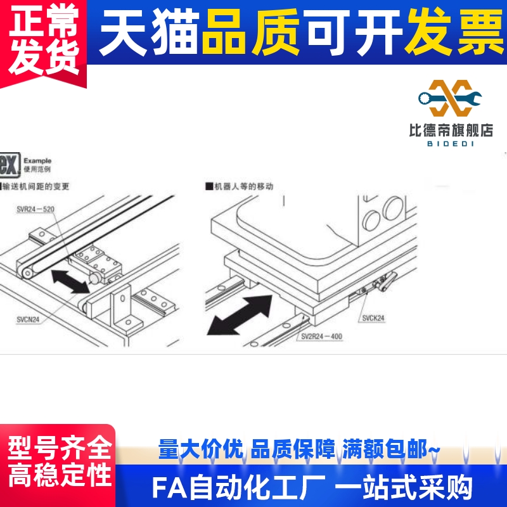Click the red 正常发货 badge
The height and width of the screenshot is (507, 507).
click(43, 39)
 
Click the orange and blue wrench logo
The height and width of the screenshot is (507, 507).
click(451, 98)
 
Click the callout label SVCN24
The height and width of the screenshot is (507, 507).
click(28, 319)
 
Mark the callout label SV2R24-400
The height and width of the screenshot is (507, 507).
click(321, 337)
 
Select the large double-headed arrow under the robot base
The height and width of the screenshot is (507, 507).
click(243, 312)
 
